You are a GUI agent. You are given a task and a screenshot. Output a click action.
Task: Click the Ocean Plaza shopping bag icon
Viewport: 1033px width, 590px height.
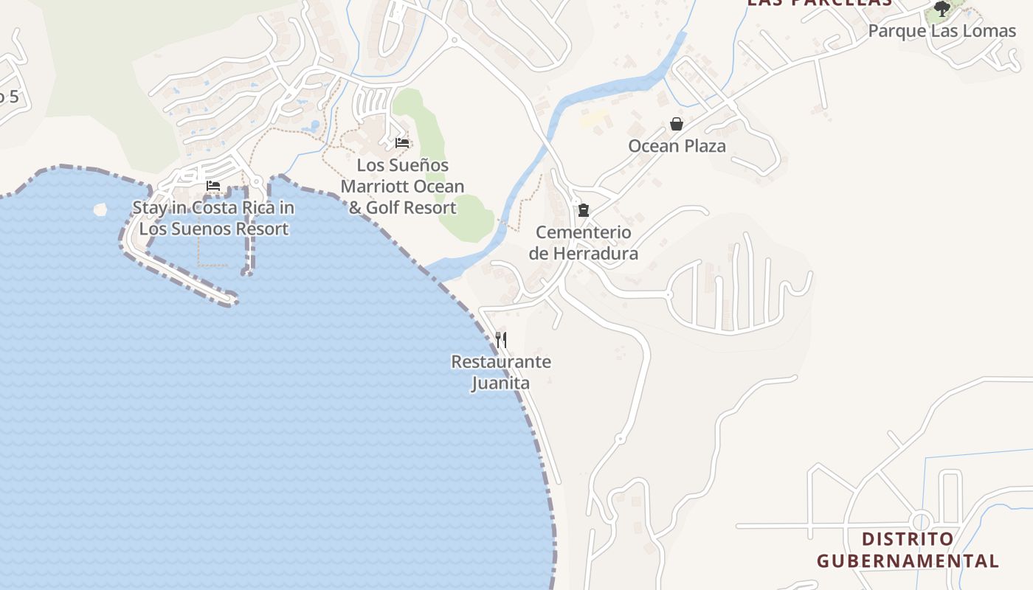click(x=676, y=124)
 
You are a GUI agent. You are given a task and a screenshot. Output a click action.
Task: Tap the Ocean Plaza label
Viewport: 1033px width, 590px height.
click(x=677, y=146)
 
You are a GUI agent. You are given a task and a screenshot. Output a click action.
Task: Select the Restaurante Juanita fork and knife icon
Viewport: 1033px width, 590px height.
click(x=501, y=339)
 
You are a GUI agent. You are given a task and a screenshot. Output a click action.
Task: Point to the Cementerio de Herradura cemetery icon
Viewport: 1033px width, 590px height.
click(x=584, y=210)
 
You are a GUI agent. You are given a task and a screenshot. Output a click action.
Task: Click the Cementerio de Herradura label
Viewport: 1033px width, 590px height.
click(x=584, y=243)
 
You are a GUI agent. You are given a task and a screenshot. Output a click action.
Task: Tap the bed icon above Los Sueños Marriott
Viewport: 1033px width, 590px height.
click(x=402, y=142)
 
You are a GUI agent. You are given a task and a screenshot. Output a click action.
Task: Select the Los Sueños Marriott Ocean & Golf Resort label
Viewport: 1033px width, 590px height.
click(x=403, y=187)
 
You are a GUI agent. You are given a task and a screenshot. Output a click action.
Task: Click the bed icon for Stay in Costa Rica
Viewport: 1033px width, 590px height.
click(x=213, y=185)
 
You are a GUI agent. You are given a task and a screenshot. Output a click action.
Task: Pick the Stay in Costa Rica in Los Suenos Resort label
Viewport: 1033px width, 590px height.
click(x=213, y=218)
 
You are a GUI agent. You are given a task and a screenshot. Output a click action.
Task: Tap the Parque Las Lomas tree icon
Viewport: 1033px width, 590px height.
click(x=942, y=9)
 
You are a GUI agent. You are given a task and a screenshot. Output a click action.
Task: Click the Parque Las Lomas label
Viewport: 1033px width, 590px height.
click(x=942, y=31)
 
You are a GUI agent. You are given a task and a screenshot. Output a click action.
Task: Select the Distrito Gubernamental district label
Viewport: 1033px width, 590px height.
click(x=908, y=549)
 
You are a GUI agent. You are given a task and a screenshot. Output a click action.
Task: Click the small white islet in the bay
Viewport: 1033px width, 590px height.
click(x=100, y=209)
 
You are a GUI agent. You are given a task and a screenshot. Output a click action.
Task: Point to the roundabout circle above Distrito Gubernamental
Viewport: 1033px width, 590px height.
click(x=922, y=520)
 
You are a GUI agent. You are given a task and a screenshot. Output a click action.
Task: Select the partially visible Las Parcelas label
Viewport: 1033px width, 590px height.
click(x=819, y=3)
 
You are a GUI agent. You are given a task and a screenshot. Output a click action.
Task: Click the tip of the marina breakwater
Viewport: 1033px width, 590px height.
click(x=232, y=299)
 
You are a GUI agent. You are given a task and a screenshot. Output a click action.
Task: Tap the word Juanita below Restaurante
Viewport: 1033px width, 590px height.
click(x=500, y=383)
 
